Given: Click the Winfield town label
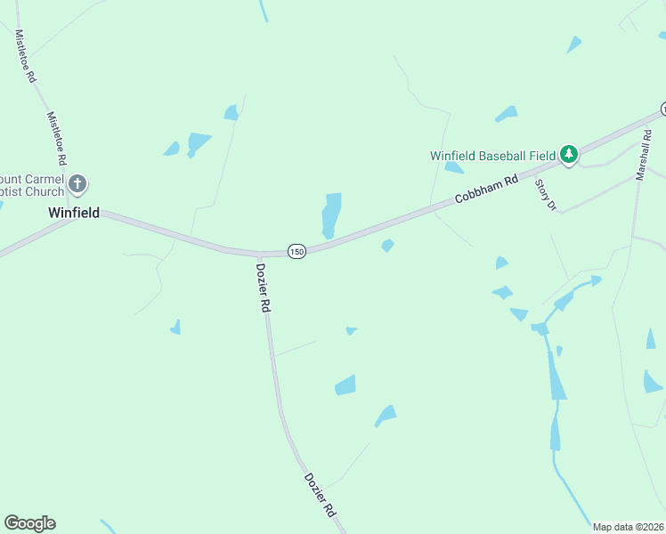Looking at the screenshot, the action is (73, 214).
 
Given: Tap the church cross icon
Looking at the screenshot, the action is (77, 184).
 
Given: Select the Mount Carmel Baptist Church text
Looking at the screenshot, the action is (33, 184).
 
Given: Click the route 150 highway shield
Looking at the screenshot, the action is (296, 252).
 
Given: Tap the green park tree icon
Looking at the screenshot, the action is (569, 155).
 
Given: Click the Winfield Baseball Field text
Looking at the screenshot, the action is (492, 155).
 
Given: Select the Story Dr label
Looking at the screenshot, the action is (546, 195).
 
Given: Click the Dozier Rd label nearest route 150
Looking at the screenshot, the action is (264, 287).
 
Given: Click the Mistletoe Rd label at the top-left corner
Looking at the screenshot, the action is (25, 56).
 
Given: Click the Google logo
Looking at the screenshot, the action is (29, 523).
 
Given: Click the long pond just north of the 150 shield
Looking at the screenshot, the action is (331, 214).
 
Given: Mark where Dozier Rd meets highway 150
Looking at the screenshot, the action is (258, 255).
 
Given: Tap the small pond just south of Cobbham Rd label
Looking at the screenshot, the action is (387, 246).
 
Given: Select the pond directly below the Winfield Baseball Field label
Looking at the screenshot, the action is (454, 167).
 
